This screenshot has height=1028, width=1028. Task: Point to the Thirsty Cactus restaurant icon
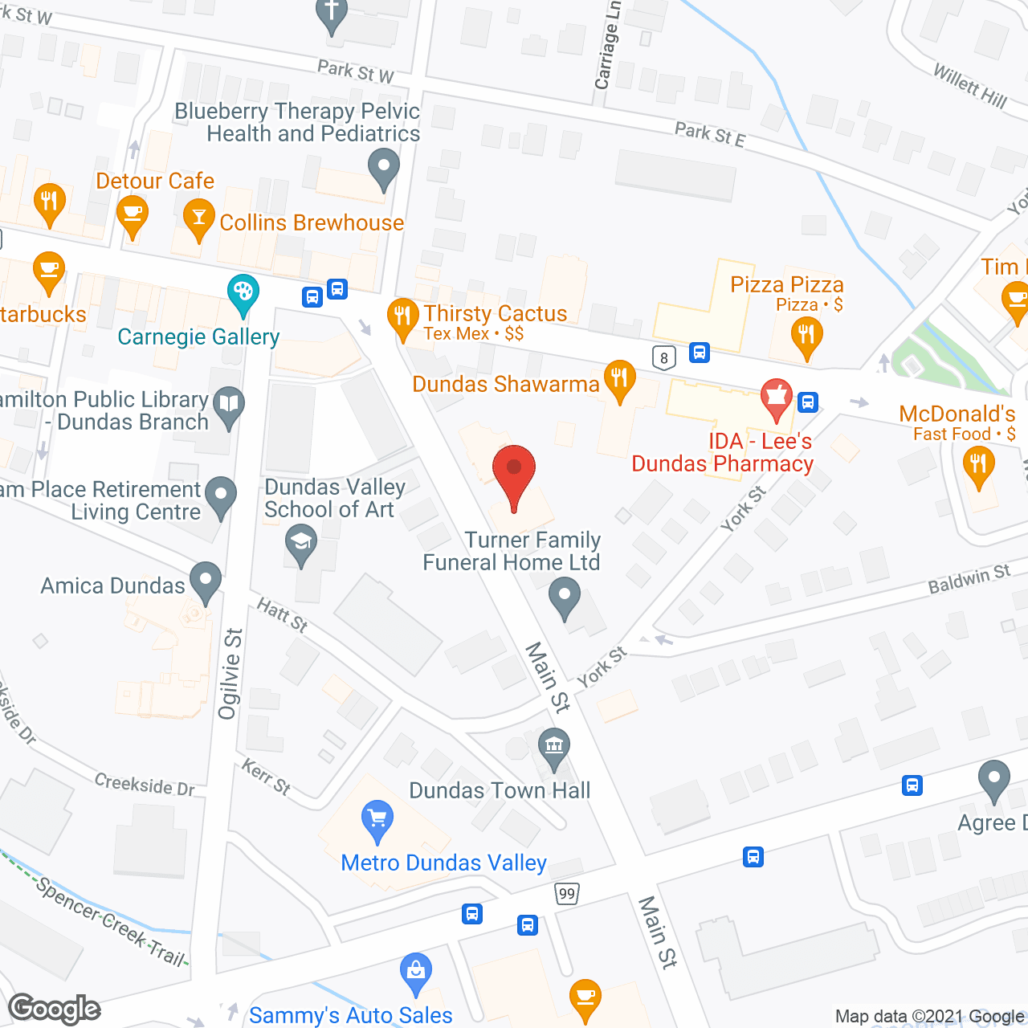(402, 316)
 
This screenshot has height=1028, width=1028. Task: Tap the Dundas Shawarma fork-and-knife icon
(618, 377)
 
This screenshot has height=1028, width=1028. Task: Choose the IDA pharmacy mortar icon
(776, 396)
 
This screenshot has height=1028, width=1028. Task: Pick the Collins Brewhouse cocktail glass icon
(198, 218)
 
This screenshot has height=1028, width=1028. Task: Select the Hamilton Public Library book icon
(230, 404)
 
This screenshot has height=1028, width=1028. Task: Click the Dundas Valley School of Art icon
(301, 541)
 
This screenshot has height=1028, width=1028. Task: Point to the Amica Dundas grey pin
(206, 579)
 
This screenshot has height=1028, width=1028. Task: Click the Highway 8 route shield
(663, 357)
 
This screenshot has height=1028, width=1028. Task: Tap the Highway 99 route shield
(567, 893)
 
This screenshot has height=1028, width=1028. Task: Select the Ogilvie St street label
(230, 673)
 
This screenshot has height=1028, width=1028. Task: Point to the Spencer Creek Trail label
(111, 920)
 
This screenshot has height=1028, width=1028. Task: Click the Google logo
(55, 1009)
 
